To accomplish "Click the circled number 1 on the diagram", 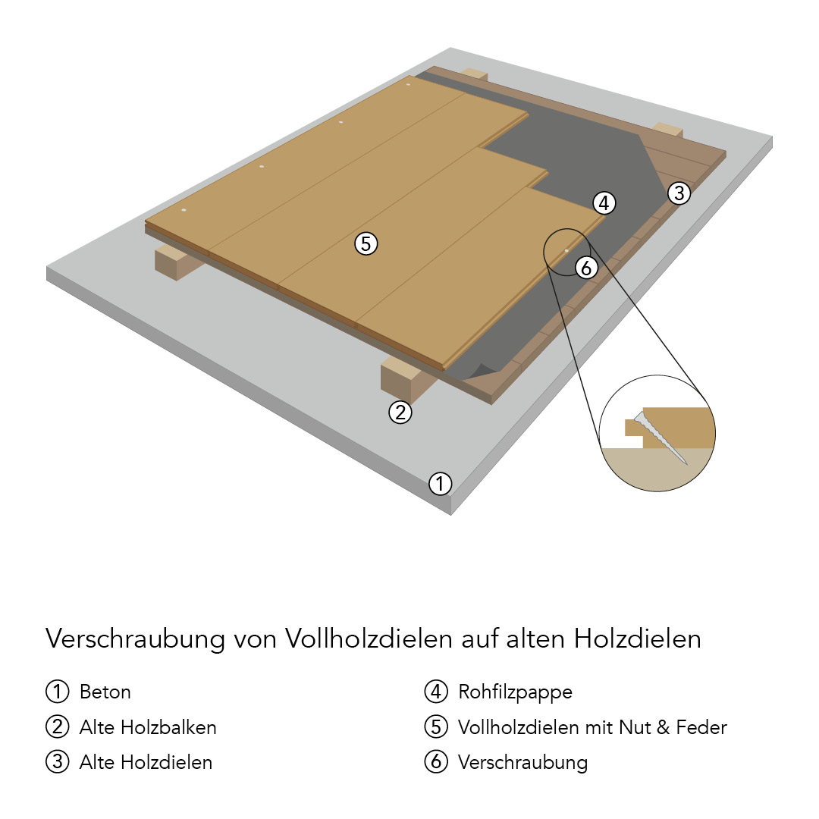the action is (440, 484).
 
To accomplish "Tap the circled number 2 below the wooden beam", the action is (400, 413).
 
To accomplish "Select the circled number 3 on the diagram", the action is (679, 193).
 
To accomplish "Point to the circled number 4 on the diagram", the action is (604, 202).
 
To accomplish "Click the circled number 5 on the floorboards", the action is (366, 244).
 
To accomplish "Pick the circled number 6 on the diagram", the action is (586, 268).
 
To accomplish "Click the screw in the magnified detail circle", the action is (661, 438).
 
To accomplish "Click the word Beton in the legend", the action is (105, 692).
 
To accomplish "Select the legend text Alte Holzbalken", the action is (148, 727).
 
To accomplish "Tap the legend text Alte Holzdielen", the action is (146, 763).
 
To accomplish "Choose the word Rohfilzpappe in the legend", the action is (515, 692).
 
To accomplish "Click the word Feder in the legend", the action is (701, 727).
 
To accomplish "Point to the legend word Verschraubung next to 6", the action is (522, 763).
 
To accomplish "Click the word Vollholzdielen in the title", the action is (369, 639).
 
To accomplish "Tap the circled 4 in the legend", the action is (436, 692).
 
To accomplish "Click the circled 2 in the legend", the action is (58, 727).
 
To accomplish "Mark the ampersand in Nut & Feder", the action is (663, 727).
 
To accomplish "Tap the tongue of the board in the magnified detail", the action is (634, 427).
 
